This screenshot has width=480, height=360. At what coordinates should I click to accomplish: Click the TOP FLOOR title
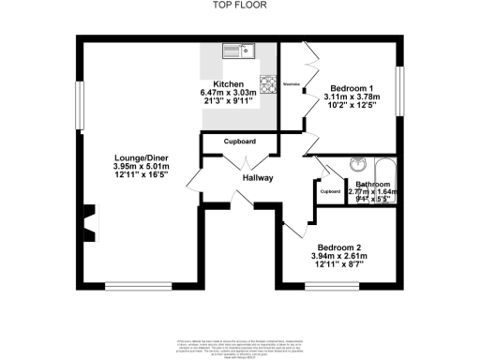[x=239, y=6]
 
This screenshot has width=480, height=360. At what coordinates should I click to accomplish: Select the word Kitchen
[x=229, y=84]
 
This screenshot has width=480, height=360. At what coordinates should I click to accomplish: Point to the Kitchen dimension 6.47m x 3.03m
[x=229, y=94]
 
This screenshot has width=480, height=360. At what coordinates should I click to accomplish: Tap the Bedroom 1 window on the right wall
[x=400, y=94]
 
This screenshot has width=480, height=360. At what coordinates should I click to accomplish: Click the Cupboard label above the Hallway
[x=240, y=142]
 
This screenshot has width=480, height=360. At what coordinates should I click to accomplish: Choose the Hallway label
[x=258, y=177]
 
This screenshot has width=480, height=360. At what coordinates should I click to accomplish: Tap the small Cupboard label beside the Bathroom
[x=330, y=192]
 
